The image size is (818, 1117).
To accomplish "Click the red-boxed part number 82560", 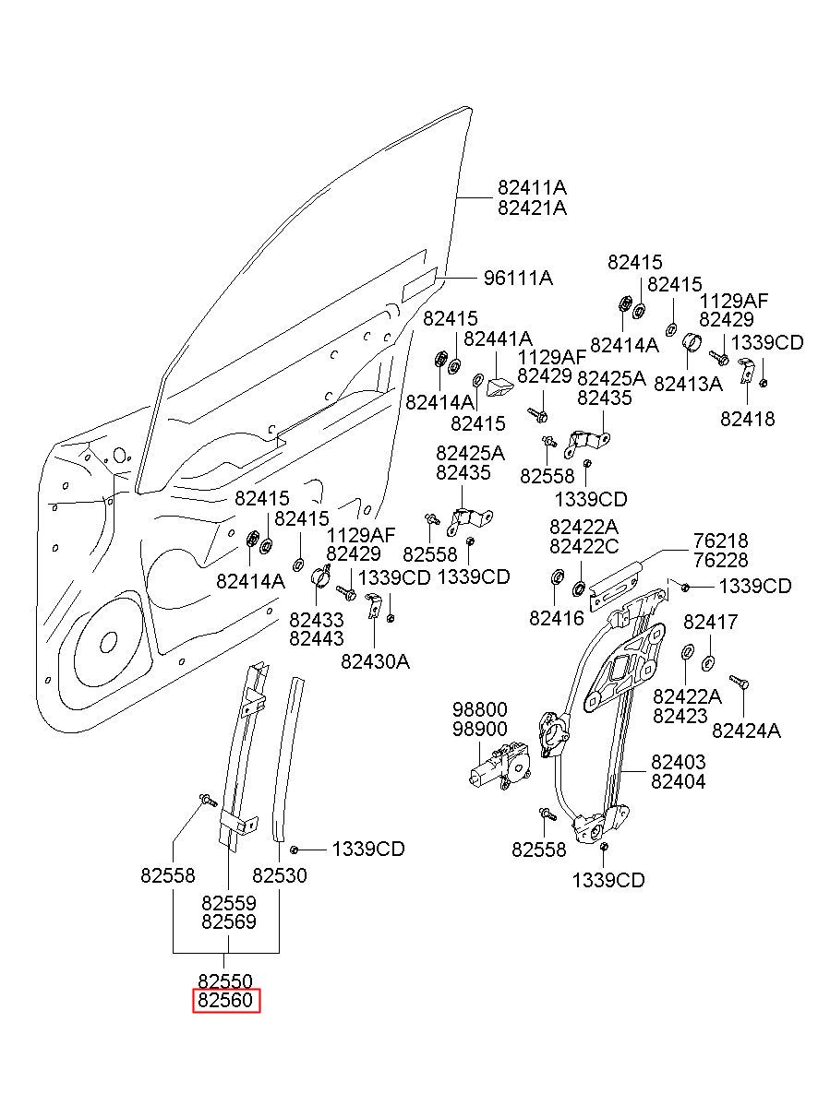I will (x=226, y=1001).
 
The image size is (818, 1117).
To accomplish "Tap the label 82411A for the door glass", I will (x=532, y=188).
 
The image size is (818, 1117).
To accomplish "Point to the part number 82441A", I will (x=498, y=339).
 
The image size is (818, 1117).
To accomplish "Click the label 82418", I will (x=748, y=419).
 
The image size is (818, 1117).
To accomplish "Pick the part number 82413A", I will (x=688, y=383).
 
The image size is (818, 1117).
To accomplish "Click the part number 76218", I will (x=722, y=541).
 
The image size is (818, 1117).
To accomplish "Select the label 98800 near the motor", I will (x=479, y=709).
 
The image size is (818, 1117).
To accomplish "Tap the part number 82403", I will (x=678, y=762).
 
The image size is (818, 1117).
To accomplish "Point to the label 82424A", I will (x=746, y=731).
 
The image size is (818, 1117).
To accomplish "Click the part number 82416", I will (x=557, y=618).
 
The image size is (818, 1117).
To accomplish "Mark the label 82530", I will (x=280, y=875).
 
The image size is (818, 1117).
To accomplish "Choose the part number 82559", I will (x=228, y=902).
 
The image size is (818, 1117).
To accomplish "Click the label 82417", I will (x=710, y=623).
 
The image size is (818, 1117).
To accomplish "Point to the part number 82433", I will (x=316, y=619).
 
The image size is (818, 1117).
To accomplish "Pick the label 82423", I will (x=680, y=716).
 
